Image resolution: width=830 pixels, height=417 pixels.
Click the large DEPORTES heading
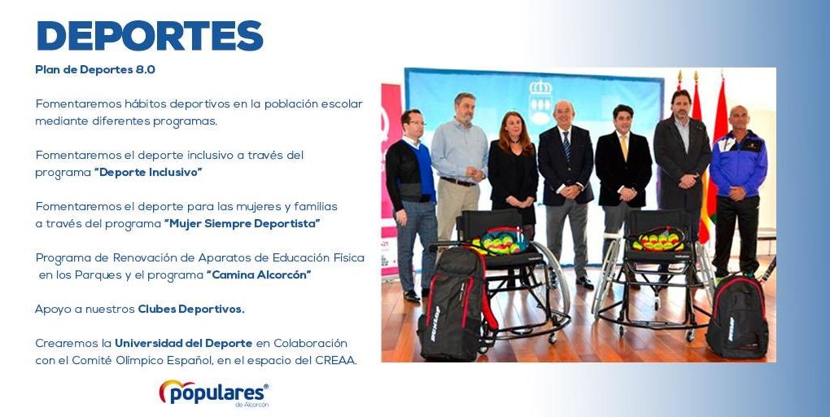(150, 36)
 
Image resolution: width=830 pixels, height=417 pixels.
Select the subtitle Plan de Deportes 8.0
(95, 70)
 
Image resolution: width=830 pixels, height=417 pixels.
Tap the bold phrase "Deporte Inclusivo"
(148, 173)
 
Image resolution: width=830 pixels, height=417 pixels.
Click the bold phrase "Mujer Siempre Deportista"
(242, 224)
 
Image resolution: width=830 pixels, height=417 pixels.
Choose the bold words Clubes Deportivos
(191, 309)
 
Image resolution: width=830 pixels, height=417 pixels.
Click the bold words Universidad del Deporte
(184, 344)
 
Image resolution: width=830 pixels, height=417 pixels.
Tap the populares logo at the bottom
(214, 393)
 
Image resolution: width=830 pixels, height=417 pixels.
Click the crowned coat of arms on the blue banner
(540, 103)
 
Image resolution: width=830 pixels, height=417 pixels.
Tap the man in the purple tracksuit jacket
(738, 191)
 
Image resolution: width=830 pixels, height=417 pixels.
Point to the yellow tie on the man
(624, 146)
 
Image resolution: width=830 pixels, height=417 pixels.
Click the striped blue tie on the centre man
(566, 146)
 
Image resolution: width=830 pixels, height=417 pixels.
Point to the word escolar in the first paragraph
(344, 104)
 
